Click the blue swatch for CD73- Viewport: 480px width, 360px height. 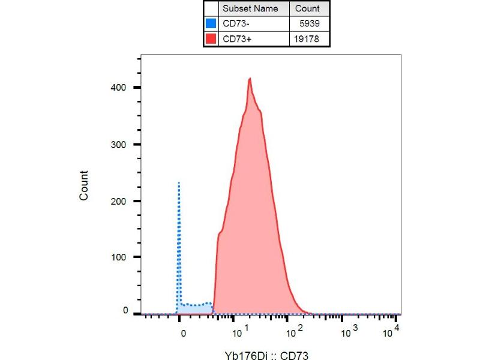coord(211,24)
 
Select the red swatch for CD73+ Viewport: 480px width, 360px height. coord(211,40)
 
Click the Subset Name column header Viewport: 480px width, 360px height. coord(250,9)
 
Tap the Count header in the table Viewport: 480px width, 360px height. coord(307,9)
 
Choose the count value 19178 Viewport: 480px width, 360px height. coord(310,40)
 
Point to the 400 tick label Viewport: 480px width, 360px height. coord(121,88)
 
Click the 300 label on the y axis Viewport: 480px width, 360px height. coord(121,145)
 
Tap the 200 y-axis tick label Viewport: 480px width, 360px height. coord(121,201)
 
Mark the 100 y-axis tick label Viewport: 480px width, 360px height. coord(121,257)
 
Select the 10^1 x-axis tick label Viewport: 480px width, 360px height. coord(241,331)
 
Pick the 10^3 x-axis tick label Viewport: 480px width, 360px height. coord(346,331)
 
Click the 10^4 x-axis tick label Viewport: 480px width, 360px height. coord(393,331)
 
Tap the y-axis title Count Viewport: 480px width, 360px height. coord(84,185)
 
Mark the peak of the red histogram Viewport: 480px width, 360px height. coord(250,78)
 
